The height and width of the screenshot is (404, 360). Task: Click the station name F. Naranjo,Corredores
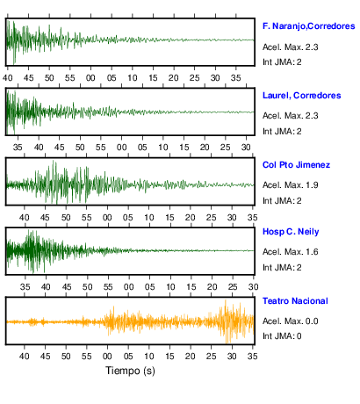(309, 26)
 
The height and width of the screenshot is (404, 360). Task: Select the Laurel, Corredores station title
(302, 96)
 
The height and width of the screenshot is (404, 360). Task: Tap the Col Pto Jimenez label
(296, 165)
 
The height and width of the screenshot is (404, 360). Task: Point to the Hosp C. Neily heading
(291, 232)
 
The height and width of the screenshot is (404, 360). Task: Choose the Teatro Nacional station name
(295, 301)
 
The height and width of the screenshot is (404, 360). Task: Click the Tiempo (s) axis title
(130, 371)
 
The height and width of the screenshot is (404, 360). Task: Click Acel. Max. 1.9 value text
(291, 185)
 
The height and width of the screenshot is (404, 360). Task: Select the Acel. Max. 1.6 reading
(291, 252)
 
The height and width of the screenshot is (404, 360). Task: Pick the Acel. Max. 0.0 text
(291, 321)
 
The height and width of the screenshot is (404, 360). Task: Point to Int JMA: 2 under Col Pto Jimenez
(282, 201)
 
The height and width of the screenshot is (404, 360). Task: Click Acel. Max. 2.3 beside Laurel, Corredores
(291, 116)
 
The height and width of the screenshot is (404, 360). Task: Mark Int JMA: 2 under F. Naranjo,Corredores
(282, 62)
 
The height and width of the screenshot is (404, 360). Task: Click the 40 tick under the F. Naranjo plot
(8, 78)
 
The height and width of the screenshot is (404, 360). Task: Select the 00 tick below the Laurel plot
(121, 147)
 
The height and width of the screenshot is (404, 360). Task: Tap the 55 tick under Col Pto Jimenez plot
(87, 218)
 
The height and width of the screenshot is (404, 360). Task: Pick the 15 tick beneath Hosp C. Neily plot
(191, 287)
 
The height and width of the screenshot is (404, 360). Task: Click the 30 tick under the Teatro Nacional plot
(232, 357)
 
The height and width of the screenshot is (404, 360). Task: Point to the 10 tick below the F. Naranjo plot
(133, 78)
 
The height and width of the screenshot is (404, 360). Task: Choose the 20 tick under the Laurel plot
(205, 147)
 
